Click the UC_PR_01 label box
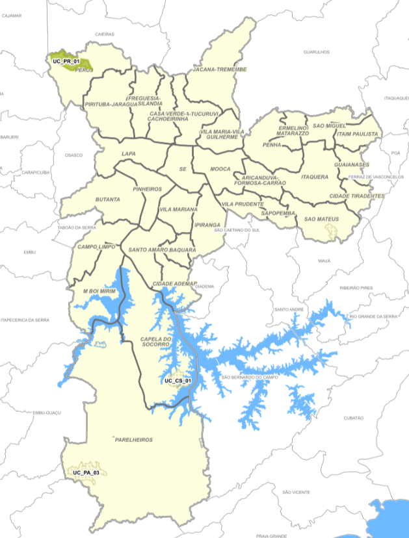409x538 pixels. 66,61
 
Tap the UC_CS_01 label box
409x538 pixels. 178,381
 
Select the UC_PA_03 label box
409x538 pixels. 86,472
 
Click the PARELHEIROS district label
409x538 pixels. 133,440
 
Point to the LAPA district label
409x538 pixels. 127,154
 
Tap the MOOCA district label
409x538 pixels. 220,169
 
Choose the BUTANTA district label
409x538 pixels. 107,199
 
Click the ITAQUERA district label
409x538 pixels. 315,176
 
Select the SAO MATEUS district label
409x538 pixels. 321,219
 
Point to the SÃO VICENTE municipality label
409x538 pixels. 296,493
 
